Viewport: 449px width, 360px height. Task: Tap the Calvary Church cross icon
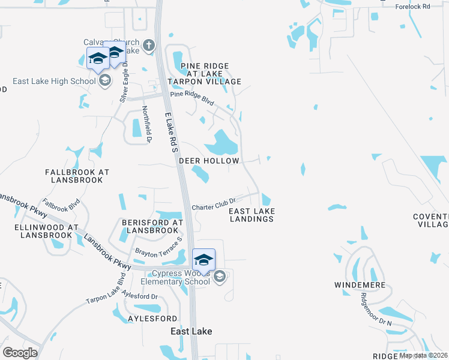[149, 44]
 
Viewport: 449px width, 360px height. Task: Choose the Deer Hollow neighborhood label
[209, 161]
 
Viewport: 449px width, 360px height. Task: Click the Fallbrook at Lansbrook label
[77, 175]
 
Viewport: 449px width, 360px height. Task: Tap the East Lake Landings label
[252, 215]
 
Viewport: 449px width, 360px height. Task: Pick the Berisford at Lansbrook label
[152, 226]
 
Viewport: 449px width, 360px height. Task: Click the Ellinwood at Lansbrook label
[47, 232]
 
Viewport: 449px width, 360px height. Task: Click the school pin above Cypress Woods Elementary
[203, 260]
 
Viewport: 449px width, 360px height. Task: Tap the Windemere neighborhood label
[361, 285]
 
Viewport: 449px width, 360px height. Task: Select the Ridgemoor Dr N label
[376, 309]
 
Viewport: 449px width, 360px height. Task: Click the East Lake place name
[191, 331]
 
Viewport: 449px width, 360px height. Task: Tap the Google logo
[20, 352]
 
